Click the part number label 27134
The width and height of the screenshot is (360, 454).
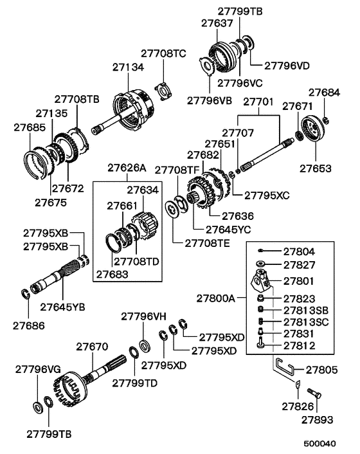pyautogui.click(x=128, y=68)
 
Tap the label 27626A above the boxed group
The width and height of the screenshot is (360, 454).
pyautogui.click(x=127, y=168)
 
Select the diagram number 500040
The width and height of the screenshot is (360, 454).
pyautogui.click(x=319, y=444)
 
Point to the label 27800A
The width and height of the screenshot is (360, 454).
pyautogui.click(x=216, y=298)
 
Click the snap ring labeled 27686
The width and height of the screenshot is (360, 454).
pyautogui.click(x=26, y=294)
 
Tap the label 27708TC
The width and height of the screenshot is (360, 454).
pyautogui.click(x=163, y=54)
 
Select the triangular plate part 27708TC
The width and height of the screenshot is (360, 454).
pyautogui.click(x=164, y=91)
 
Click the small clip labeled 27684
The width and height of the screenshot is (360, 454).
pyautogui.click(x=325, y=120)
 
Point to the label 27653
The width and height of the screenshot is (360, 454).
pyautogui.click(x=315, y=168)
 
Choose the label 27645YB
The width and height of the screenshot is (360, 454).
pyautogui.click(x=62, y=307)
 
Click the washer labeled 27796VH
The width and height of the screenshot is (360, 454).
pyautogui.click(x=144, y=346)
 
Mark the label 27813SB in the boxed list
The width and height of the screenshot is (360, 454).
pyautogui.click(x=306, y=311)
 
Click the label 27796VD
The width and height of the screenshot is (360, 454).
pyautogui.click(x=287, y=66)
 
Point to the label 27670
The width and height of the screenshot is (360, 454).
pyautogui.click(x=92, y=347)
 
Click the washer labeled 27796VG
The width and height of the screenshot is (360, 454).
pyautogui.click(x=38, y=408)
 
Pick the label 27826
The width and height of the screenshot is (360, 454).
pyautogui.click(x=298, y=407)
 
